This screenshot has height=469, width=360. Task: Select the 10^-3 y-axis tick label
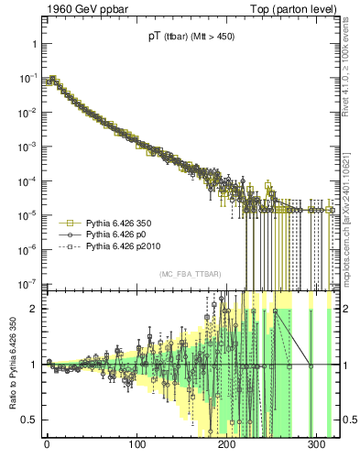[x=25, y=147]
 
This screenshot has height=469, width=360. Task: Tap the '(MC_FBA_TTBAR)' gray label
[x=189, y=275]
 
